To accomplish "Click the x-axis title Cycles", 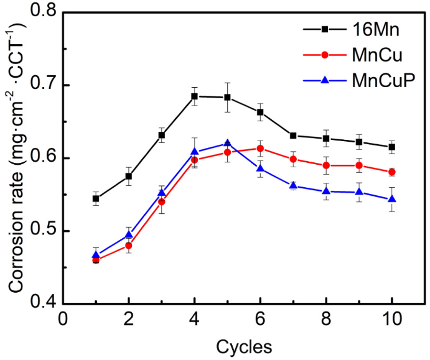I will tap(243, 344).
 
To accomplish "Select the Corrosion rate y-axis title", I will tap(15, 158).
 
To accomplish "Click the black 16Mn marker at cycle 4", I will tap(194, 96).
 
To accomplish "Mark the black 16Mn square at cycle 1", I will tap(96, 199).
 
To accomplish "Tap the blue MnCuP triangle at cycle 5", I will tap(227, 143).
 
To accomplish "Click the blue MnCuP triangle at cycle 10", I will tap(391, 199).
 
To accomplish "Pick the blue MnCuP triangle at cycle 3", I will tap(162, 193).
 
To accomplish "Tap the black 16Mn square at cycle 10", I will tap(391, 147).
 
